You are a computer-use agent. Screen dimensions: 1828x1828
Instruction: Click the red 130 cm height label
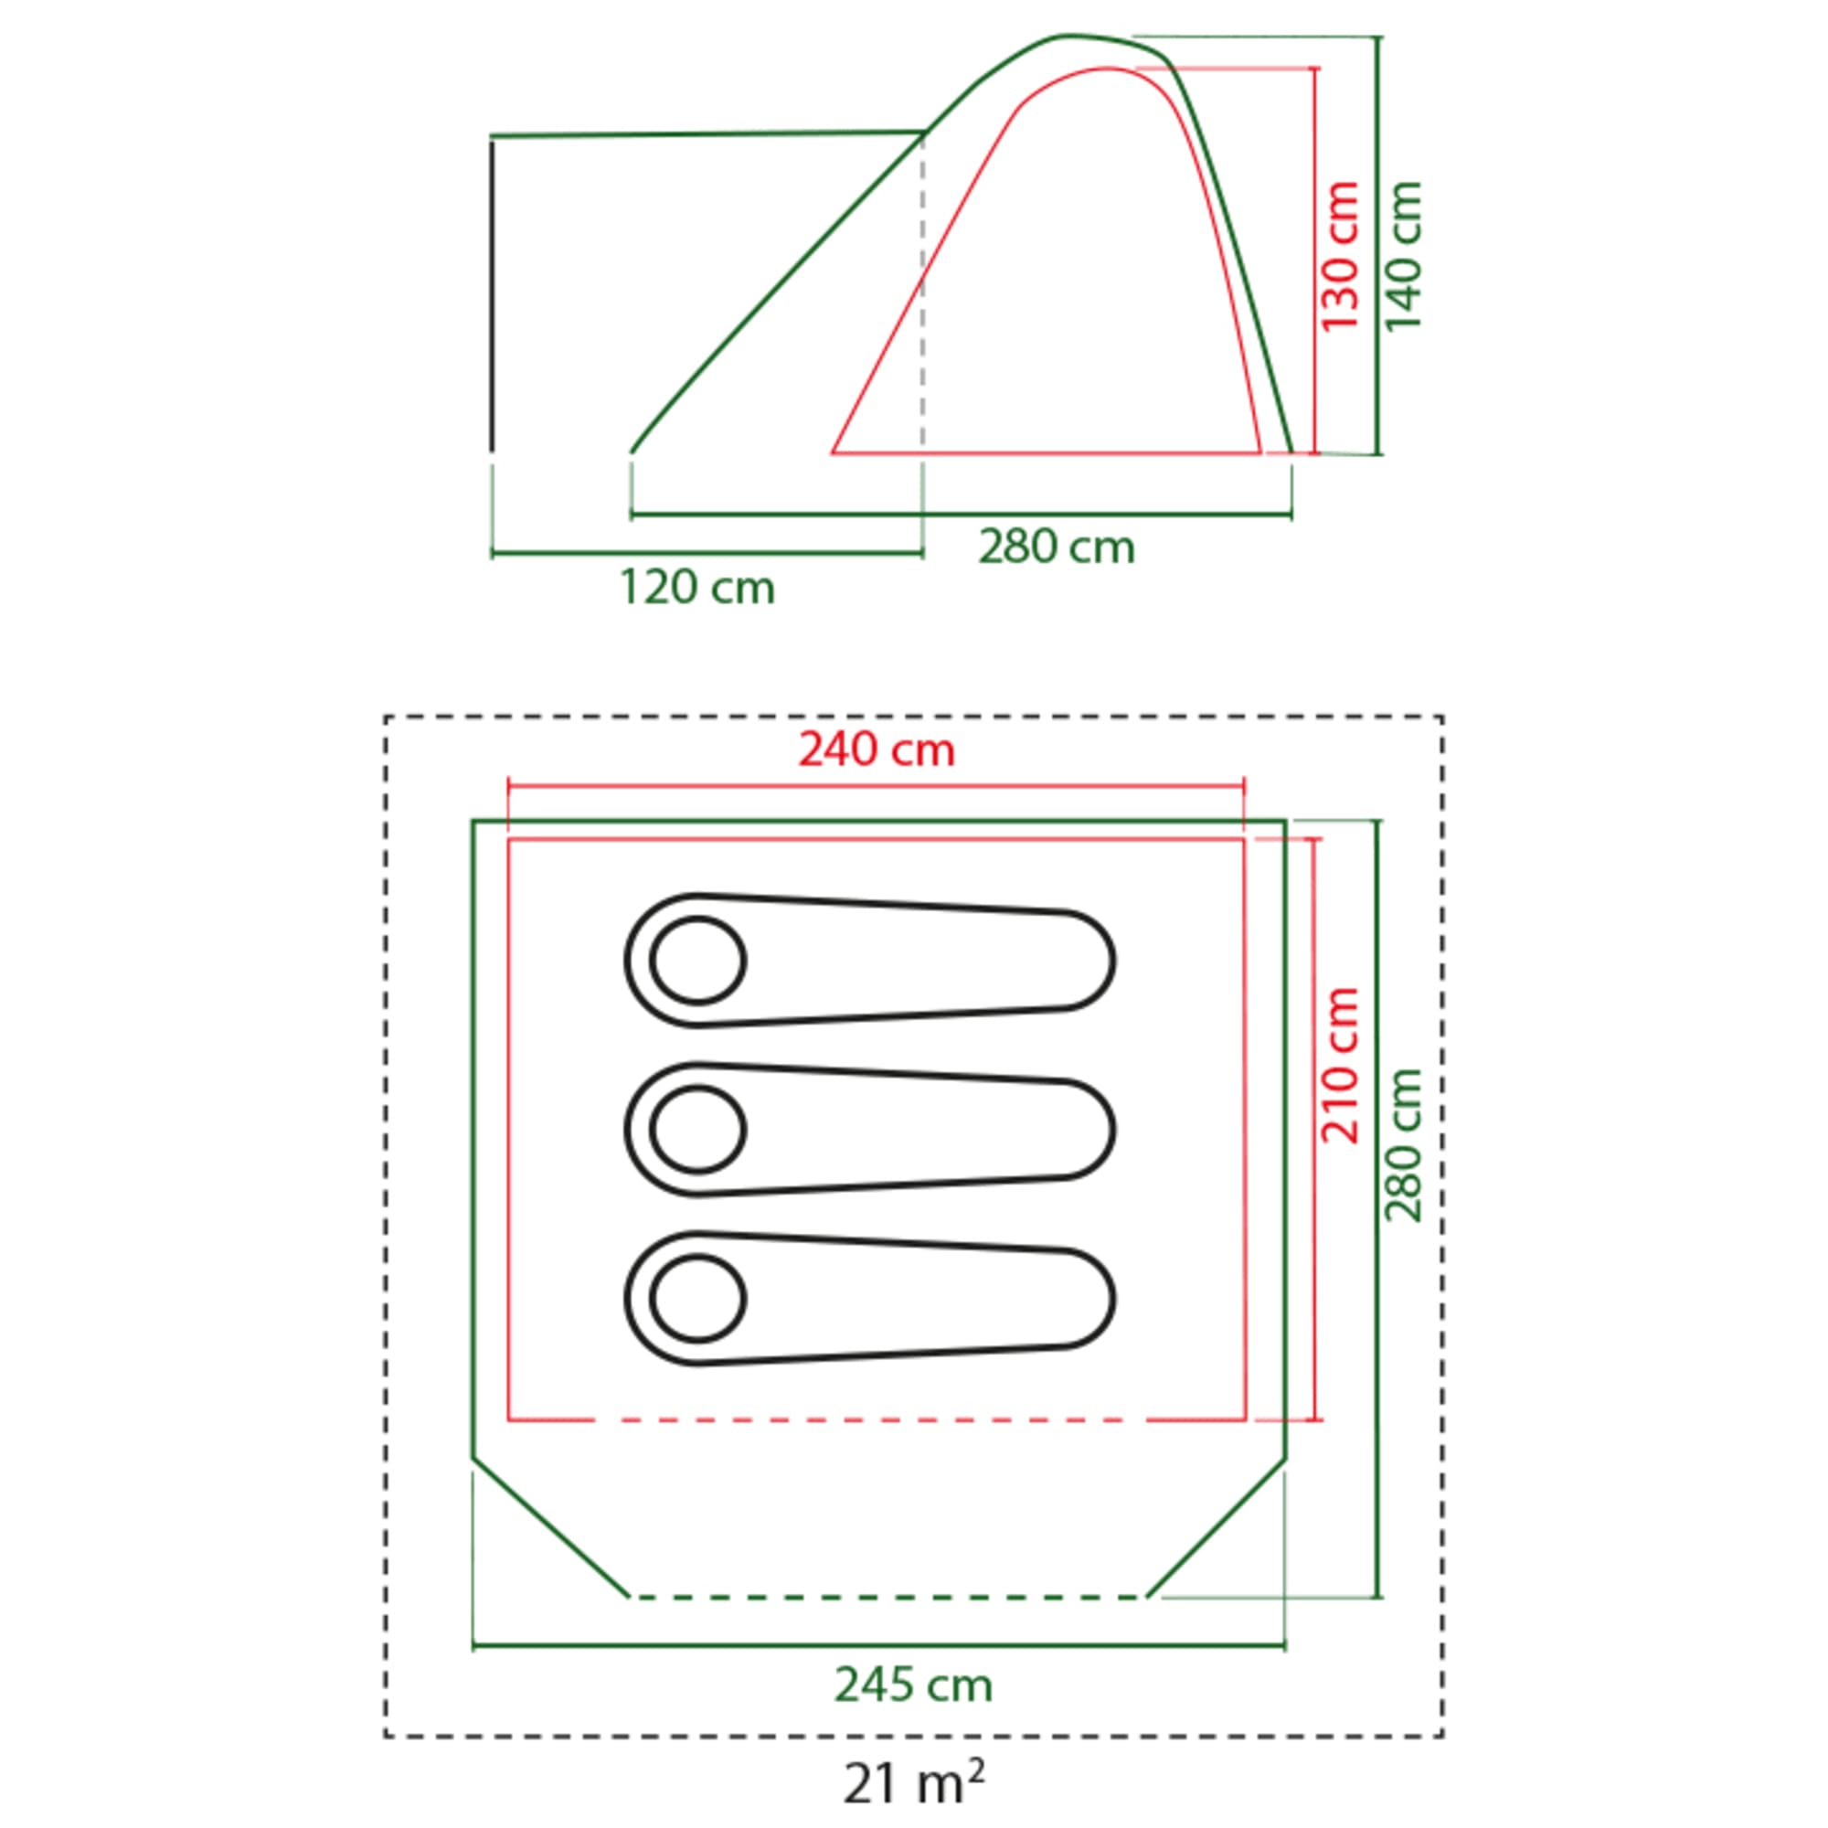pyautogui.click(x=1341, y=257)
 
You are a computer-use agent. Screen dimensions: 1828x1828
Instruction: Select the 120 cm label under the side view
pyautogui.click(x=697, y=588)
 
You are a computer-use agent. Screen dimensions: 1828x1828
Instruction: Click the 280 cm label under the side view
pyautogui.click(x=1057, y=547)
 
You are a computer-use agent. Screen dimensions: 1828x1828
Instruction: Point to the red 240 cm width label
pyautogui.click(x=877, y=750)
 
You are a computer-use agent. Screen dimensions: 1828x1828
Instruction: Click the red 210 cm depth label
pyautogui.click(x=1341, y=1066)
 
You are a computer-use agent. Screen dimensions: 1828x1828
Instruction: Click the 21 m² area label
pyautogui.click(x=914, y=1781)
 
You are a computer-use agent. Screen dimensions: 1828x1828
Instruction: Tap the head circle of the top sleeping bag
pyautogui.click(x=698, y=961)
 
